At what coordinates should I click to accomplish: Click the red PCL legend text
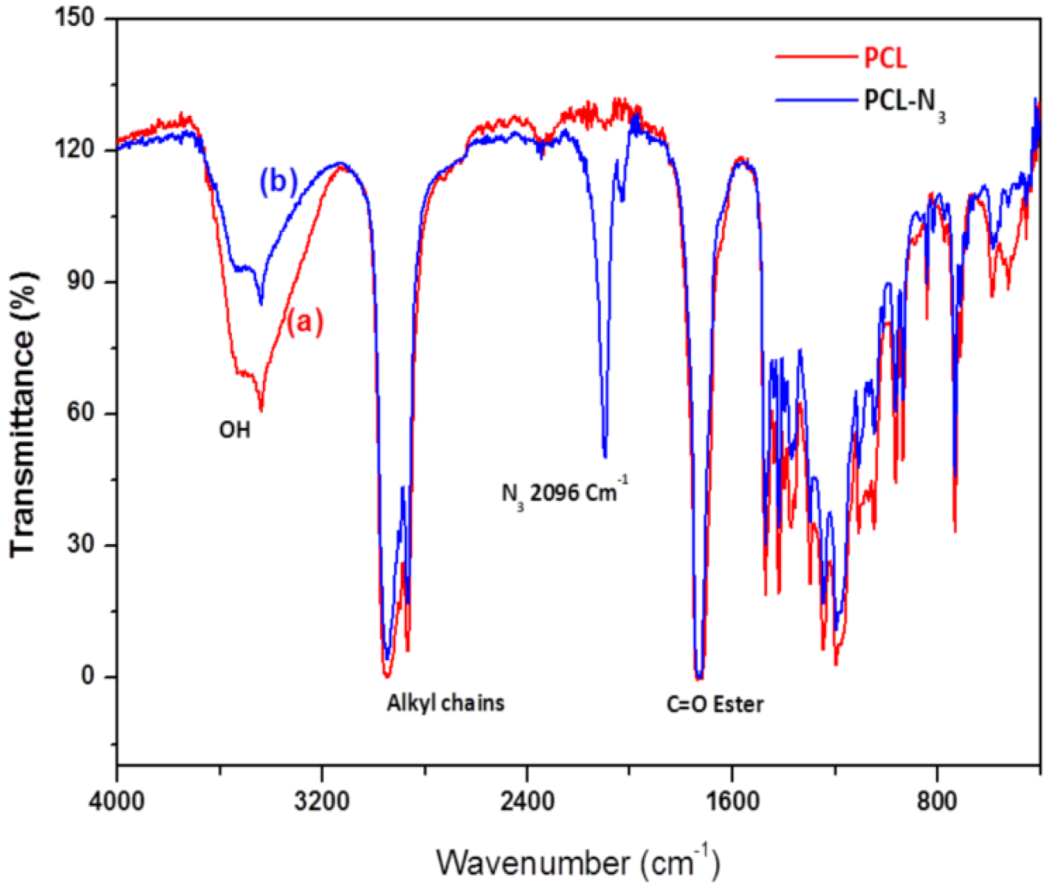pyautogui.click(x=884, y=58)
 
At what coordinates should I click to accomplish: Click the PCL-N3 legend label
pyautogui.click(x=903, y=103)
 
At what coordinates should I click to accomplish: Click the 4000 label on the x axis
pyautogui.click(x=117, y=800)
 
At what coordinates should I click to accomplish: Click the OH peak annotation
pyautogui.click(x=235, y=430)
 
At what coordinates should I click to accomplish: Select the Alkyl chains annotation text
pyautogui.click(x=445, y=703)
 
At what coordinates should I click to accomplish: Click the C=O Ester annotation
pyautogui.click(x=715, y=704)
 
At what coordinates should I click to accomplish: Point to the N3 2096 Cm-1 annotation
pyautogui.click(x=565, y=493)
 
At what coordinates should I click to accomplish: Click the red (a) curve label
pyautogui.click(x=305, y=321)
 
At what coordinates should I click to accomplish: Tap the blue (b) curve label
pyautogui.click(x=278, y=182)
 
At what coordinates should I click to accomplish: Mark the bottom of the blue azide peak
pyautogui.click(x=605, y=456)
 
